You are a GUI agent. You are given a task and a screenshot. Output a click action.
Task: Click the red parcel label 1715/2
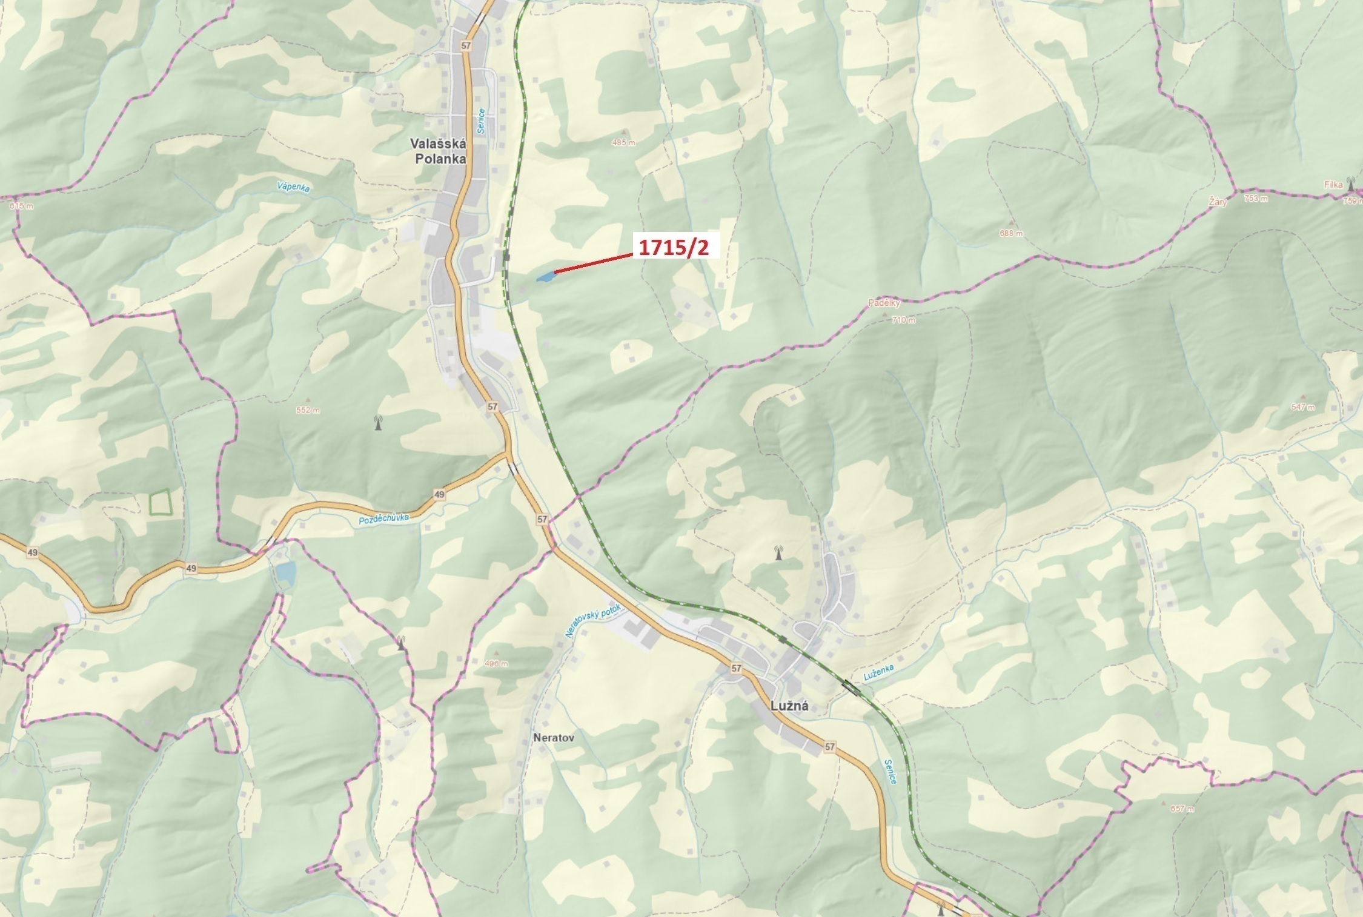pos(674,247)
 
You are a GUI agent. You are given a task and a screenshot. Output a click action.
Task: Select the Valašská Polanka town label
pos(439,151)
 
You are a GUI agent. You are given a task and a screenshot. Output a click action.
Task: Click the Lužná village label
pos(789,706)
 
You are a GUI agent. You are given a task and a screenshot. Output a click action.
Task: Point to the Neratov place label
pos(554,738)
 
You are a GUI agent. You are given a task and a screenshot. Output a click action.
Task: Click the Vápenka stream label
pos(293,187)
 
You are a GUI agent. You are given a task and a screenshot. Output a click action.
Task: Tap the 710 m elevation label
pos(903,320)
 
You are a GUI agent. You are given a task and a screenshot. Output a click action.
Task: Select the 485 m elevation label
pos(623,142)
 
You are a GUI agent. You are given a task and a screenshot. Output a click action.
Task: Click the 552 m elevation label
pos(308,410)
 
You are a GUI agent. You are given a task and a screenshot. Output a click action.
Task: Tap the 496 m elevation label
pos(496,663)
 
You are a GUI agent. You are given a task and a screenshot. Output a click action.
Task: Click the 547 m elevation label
pos(1302,407)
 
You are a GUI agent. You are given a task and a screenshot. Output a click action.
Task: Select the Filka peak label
pos(1333,185)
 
